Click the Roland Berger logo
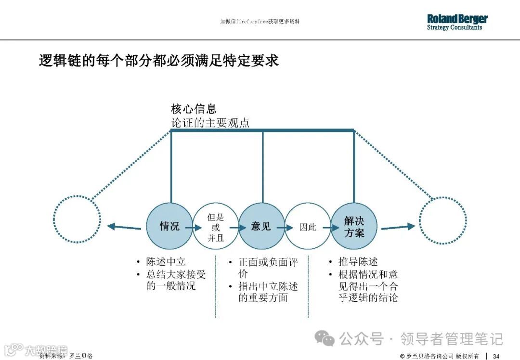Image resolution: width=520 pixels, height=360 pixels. click(457, 22)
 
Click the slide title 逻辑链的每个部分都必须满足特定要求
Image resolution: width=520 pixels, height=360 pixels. click(158, 61)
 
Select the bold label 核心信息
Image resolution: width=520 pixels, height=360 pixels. click(194, 109)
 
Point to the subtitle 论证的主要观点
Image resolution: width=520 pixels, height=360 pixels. click(210, 122)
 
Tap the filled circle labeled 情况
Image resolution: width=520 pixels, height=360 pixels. click(170, 226)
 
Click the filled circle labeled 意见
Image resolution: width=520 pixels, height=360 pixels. click(261, 226)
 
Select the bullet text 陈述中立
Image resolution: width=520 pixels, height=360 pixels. click(166, 262)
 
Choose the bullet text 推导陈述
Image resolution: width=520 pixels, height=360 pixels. click(358, 262)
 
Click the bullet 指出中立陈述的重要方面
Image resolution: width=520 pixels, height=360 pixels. click(268, 292)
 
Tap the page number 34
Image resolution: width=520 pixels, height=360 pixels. click(496, 356)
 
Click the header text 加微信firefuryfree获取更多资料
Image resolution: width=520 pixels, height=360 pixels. click(260, 22)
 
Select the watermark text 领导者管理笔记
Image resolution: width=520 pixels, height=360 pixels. click(451, 339)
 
